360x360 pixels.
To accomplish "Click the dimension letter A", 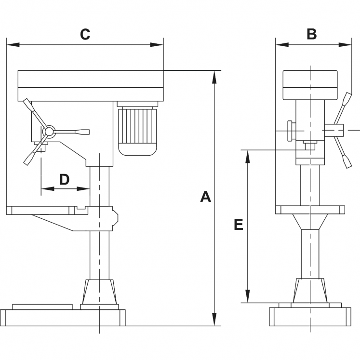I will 206,197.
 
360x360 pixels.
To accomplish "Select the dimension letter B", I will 312,34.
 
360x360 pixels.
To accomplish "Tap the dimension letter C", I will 85,34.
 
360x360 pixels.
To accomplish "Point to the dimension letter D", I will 65,179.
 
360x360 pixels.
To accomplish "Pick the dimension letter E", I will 238,225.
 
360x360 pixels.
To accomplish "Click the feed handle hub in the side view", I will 48,131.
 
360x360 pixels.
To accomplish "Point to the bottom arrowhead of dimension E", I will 248,297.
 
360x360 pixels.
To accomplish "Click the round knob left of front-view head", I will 290,130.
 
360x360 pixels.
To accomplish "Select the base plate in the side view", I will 63,318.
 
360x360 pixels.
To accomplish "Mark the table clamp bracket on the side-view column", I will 114,218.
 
